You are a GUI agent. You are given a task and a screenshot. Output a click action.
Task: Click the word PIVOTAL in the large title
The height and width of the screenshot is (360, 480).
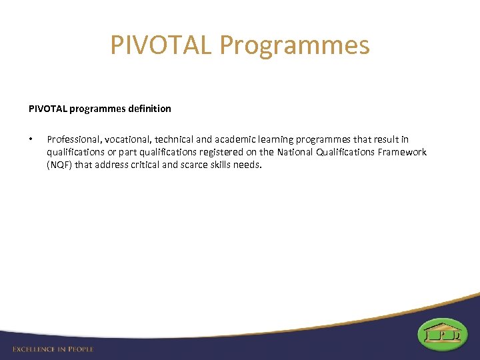[160, 45]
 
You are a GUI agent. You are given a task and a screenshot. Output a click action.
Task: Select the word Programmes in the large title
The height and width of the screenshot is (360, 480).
[294, 45]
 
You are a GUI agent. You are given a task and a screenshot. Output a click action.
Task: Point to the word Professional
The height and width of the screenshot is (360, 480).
[71, 139]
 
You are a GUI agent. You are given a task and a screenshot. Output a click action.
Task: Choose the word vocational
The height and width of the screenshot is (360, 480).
[122, 139]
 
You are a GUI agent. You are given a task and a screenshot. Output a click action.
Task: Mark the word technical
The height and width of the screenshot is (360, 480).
[169, 139]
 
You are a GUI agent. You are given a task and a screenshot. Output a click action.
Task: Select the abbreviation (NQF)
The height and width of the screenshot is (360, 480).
[59, 165]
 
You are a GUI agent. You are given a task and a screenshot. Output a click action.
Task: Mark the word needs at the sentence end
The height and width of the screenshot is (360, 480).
[250, 165]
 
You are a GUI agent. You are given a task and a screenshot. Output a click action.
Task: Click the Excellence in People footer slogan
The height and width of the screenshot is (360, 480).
[53, 349]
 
